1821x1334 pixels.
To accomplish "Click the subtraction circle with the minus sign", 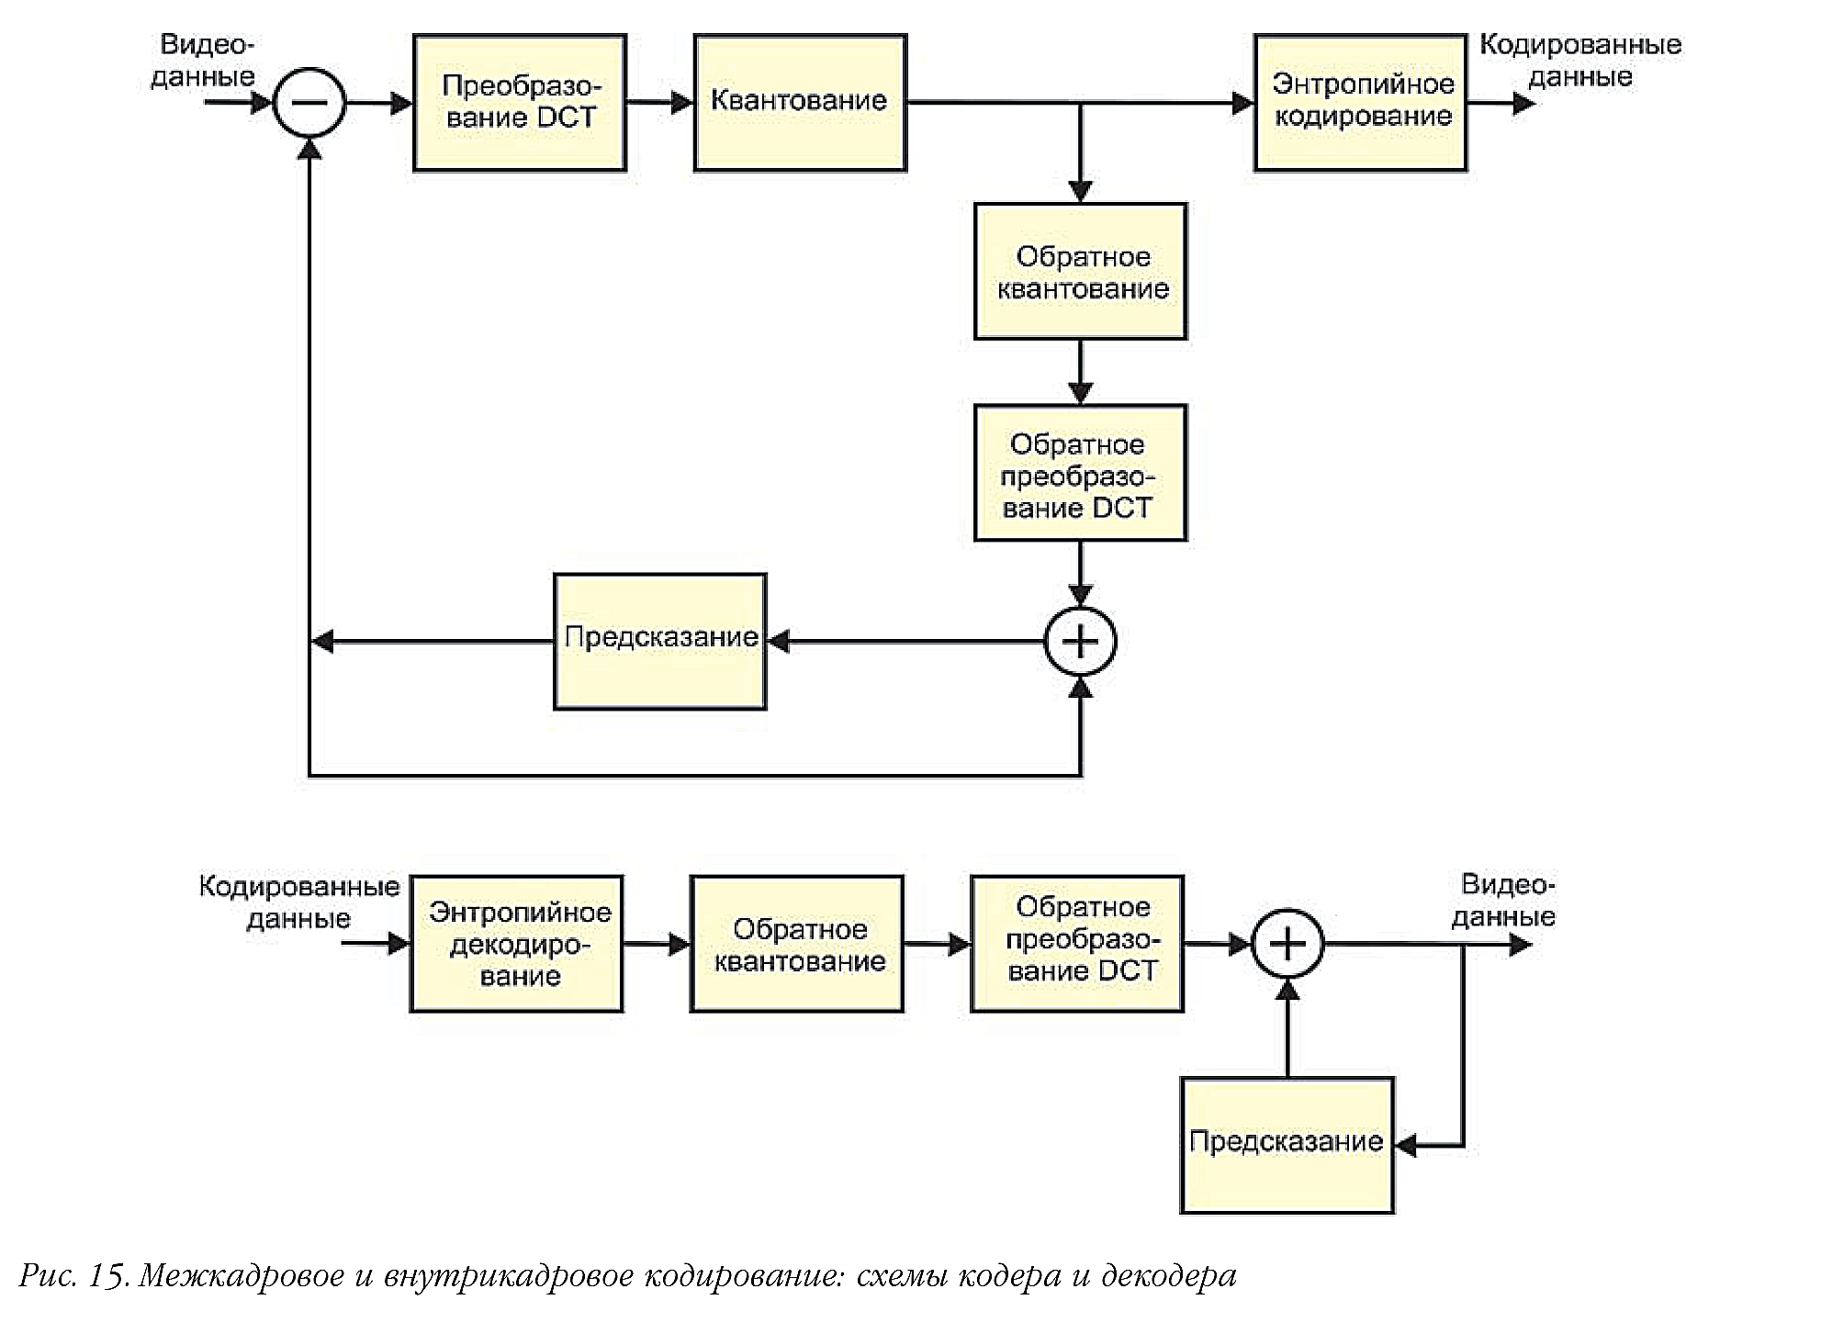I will coord(309,103).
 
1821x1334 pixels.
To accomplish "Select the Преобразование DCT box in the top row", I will coord(520,103).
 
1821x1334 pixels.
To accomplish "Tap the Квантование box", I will coord(800,103).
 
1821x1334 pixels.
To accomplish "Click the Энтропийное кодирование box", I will coord(1360,103).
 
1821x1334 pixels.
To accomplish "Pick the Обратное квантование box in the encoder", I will coord(1081,272).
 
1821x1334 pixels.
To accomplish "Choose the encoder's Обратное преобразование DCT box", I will coord(1081,473).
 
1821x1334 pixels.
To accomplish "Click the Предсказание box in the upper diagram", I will coord(660,641).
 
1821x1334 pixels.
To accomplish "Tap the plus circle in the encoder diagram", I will coord(1081,641).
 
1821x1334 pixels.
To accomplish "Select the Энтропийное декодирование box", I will coord(517,944).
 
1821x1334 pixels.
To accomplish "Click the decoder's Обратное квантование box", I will coord(797,944).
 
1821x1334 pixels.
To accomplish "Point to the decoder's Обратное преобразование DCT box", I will coord(1078,944).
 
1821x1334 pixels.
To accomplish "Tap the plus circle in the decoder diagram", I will coord(1287,944).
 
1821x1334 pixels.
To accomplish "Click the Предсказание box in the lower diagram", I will coord(1287,1145).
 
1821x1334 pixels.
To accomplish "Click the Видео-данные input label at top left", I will coord(204,61).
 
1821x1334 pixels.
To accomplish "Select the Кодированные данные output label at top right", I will coord(1579,61).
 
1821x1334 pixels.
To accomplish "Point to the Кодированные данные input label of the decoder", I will coord(299,902).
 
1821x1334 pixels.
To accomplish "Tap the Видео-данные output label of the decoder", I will coord(1504,901).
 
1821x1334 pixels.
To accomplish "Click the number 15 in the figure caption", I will coord(107,1276).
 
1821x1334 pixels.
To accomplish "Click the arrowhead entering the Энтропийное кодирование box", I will coord(1242,103).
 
